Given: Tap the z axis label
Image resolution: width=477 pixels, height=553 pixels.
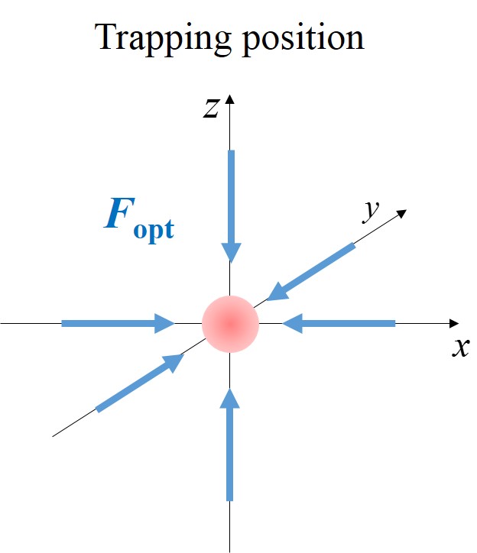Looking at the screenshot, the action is [x=210, y=108].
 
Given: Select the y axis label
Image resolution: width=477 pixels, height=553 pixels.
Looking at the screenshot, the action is [x=371, y=212].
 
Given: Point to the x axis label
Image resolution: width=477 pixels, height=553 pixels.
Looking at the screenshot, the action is [x=460, y=348].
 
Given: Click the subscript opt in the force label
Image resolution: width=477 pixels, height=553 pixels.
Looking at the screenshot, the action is [x=153, y=228].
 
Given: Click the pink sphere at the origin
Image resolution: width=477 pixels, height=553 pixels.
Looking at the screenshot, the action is [x=231, y=324].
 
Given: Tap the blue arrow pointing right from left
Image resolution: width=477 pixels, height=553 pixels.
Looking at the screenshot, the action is [x=118, y=324].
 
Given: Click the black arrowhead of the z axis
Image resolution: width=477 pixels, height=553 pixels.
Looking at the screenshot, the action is [x=231, y=99].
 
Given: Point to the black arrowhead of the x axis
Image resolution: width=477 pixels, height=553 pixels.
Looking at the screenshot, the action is [x=455, y=324].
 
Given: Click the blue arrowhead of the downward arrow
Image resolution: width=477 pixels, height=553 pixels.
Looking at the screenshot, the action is [x=231, y=252].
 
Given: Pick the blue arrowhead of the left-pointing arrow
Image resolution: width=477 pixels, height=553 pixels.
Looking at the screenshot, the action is [x=291, y=324].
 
